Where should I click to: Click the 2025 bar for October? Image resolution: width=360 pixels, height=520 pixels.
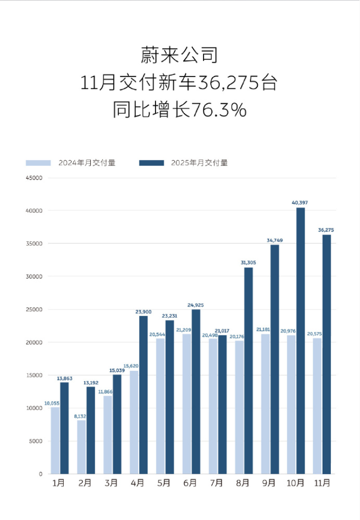pos(300,340)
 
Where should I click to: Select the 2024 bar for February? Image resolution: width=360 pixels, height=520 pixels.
pos(81,446)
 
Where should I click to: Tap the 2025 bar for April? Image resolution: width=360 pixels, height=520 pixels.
pos(143,395)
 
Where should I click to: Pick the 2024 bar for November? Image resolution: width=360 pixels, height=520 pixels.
pos(317,405)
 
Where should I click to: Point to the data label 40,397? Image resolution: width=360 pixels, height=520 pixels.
pos(300,203)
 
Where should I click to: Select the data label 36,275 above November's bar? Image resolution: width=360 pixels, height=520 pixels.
pos(326,230)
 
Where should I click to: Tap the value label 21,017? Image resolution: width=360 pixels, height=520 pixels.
pos(222,331)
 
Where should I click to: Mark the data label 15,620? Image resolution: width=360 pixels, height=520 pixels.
pos(134,365)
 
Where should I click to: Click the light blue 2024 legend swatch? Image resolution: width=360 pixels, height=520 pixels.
pos(39,163)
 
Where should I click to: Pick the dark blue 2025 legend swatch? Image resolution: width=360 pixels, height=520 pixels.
pos(151,163)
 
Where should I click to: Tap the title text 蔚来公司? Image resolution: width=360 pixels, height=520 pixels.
pos(179,55)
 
